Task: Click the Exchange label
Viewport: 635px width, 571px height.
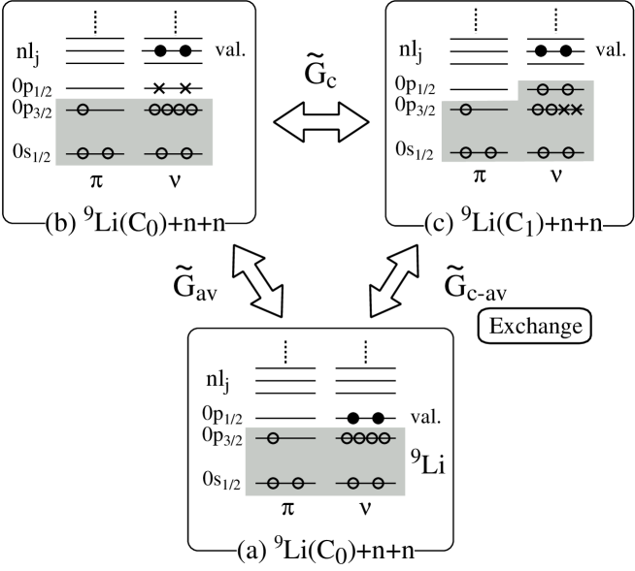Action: click(535, 326)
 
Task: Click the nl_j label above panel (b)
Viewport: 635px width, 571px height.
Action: click(27, 54)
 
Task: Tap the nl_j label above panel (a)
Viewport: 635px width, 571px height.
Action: click(217, 379)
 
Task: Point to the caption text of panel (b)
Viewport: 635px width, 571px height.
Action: click(135, 224)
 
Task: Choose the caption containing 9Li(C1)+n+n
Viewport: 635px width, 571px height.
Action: click(514, 224)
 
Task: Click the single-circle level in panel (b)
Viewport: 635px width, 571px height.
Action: click(94, 110)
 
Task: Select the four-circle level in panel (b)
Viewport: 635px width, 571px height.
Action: click(174, 110)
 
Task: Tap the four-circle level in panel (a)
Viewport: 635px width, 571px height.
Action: click(366, 438)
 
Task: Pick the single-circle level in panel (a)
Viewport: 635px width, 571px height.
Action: click(284, 438)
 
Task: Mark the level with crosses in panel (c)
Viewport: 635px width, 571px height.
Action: click(554, 110)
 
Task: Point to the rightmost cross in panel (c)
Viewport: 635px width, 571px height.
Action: click(577, 110)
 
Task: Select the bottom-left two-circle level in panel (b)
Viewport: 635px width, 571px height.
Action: click(94, 152)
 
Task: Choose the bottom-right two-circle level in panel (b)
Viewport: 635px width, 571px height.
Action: click(174, 152)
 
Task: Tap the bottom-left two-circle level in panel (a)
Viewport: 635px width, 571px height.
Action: click(284, 482)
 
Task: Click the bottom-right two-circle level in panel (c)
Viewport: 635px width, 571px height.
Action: click(554, 152)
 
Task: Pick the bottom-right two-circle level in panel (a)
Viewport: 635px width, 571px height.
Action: click(366, 482)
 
